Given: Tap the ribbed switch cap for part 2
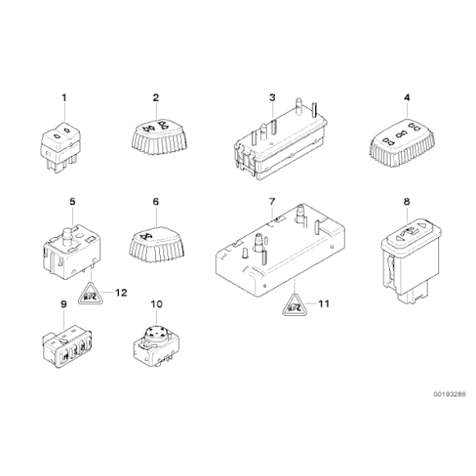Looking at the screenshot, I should point(156,136).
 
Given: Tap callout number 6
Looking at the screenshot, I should point(154,201).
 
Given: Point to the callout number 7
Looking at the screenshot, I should point(272,201).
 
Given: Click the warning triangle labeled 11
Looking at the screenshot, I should point(294,305).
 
